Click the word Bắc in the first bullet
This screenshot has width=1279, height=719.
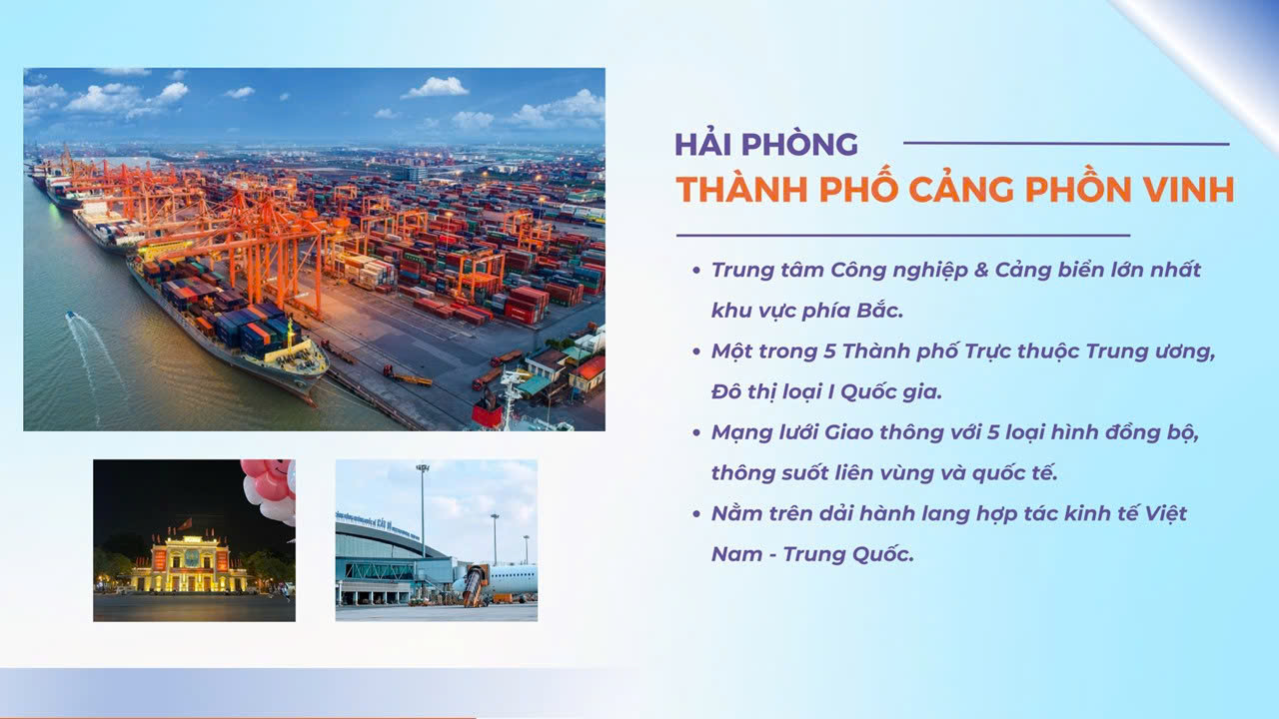tap(880, 310)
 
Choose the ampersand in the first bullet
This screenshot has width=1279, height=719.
tap(981, 270)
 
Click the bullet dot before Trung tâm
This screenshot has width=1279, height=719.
tap(696, 270)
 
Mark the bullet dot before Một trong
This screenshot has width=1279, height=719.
tap(696, 352)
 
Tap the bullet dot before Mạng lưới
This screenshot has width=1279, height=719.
tap(696, 432)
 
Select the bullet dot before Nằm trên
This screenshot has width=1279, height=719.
tap(696, 514)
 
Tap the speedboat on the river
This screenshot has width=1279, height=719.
tap(71, 315)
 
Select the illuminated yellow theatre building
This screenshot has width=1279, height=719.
tap(189, 564)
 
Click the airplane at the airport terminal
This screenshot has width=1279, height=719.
tap(496, 581)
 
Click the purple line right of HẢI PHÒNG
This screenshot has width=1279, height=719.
tap(1066, 143)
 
